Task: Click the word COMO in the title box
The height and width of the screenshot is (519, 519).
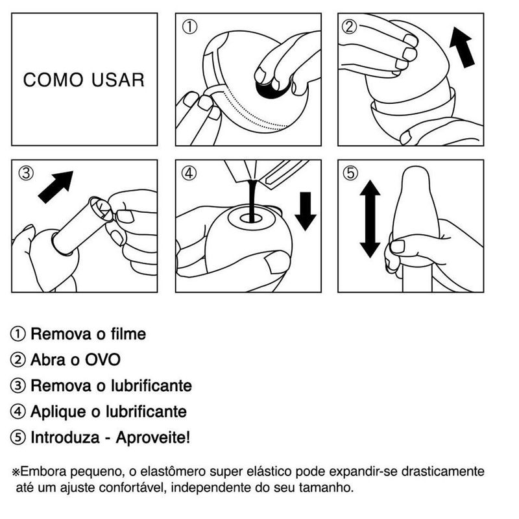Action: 53,80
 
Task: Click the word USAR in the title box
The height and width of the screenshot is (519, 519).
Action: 118,80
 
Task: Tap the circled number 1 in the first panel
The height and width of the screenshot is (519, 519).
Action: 189,27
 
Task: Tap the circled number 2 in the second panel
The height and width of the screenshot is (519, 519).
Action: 350,27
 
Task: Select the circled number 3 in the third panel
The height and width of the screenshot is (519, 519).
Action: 26,173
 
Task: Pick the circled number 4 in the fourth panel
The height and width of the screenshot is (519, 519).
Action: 189,173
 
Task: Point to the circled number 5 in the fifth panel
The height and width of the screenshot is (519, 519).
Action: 350,173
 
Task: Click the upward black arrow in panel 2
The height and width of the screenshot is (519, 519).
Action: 462,47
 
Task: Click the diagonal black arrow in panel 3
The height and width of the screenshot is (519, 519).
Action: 56,187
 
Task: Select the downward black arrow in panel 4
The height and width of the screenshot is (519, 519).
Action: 306,211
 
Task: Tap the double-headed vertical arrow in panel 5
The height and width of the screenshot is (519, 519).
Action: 370,219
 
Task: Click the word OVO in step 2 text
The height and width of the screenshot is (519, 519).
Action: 103,360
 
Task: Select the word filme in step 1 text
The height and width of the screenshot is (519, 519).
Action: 128,333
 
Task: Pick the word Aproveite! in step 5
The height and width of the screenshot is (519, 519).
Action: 153,437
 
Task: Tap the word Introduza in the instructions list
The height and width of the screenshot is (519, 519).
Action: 65,437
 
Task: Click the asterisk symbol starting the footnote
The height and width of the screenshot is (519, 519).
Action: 16,472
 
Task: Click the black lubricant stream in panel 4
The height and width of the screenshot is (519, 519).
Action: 252,200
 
